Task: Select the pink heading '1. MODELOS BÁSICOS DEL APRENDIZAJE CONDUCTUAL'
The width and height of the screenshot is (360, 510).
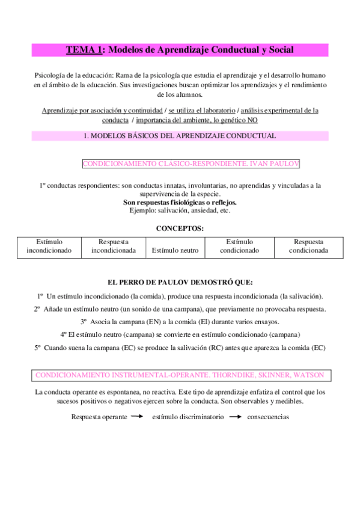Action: tap(180, 136)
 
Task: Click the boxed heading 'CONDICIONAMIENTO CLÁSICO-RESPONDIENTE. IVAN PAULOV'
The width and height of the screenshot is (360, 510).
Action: tap(191, 164)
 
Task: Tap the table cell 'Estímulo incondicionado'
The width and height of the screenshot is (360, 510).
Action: tap(49, 246)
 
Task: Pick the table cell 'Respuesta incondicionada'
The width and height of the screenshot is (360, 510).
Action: tap(113, 246)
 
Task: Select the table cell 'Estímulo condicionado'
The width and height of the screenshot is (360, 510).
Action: tap(239, 246)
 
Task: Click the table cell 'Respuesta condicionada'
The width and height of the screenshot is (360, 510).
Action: tap(308, 246)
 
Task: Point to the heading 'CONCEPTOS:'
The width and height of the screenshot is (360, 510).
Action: tap(180, 229)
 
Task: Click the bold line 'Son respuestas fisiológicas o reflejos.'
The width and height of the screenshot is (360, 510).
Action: tap(180, 203)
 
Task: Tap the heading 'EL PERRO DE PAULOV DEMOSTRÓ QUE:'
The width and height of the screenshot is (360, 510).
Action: tap(180, 282)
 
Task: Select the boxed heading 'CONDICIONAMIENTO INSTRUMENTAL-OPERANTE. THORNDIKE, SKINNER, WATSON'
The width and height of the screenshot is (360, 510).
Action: tap(180, 375)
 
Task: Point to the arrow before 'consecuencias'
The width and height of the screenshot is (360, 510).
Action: tap(234, 416)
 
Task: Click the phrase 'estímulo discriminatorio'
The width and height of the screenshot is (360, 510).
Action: tap(188, 417)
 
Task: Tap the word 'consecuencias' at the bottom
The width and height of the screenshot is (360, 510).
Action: tap(267, 417)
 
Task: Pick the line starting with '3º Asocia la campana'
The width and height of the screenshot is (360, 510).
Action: tap(180, 322)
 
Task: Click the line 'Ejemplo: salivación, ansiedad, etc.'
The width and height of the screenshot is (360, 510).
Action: tap(180, 210)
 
